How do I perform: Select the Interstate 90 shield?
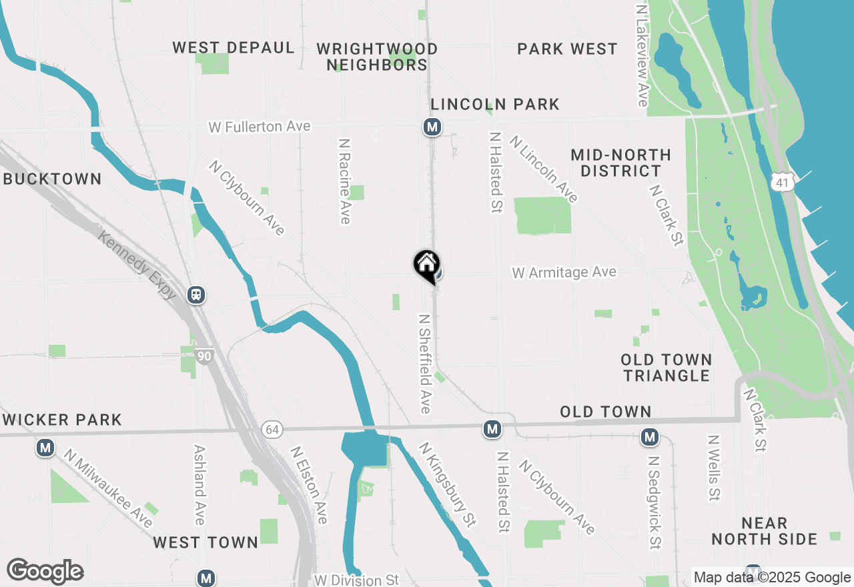point(204,357)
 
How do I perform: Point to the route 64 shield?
point(270,429)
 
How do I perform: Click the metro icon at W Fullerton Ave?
point(432,126)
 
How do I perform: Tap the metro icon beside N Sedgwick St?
point(649,438)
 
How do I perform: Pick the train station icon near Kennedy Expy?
point(196,294)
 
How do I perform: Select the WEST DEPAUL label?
point(234,48)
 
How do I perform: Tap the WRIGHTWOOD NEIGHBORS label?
point(377,57)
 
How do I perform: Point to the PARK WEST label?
point(567,49)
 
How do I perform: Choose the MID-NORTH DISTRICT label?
point(620,163)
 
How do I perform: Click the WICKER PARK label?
point(61,420)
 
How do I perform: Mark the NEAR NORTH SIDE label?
point(764,531)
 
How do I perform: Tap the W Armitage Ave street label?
point(564,272)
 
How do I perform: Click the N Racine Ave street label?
point(345,181)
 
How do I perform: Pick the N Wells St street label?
point(714,468)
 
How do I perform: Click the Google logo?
point(45,572)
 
